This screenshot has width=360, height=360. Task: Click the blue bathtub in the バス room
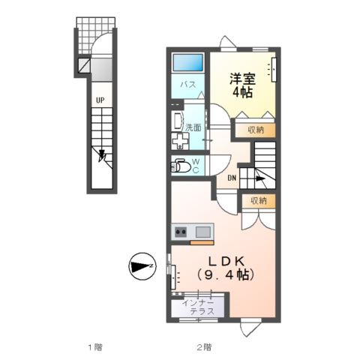click(x=189, y=63)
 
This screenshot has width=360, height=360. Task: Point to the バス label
click(x=188, y=85)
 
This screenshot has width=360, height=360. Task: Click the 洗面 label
click(x=193, y=127)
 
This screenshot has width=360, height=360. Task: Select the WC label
click(x=195, y=165)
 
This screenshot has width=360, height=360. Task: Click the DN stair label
click(x=232, y=178)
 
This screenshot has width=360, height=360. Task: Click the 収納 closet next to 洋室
click(x=255, y=130)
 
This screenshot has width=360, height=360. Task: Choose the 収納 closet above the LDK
click(x=259, y=201)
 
